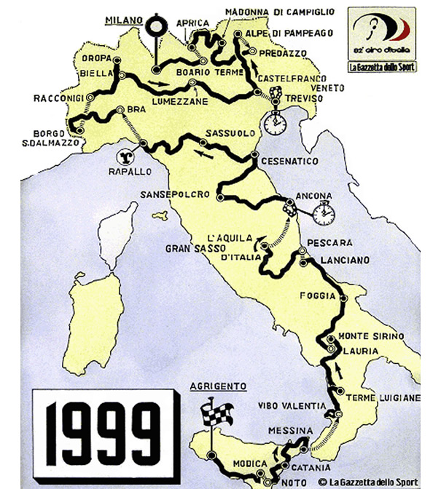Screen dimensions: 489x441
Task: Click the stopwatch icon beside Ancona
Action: [324, 213]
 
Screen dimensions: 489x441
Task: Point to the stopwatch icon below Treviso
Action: [275, 123]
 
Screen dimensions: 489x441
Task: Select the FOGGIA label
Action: [318, 295]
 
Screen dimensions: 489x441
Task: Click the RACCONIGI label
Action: [60, 97]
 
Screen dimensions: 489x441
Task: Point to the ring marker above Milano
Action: [155, 29]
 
